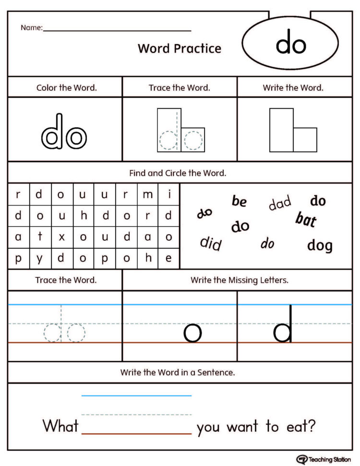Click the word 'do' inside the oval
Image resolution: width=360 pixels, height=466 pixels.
pyautogui.click(x=291, y=44)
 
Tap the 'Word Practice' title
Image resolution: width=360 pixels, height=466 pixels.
pyautogui.click(x=180, y=49)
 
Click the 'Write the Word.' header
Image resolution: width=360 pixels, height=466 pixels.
pyautogui.click(x=293, y=88)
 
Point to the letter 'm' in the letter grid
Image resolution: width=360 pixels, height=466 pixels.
pyautogui.click(x=148, y=195)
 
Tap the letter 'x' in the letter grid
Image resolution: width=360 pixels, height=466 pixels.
pyautogui.click(x=61, y=237)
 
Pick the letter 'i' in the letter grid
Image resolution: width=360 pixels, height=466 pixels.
pyautogui.click(x=169, y=195)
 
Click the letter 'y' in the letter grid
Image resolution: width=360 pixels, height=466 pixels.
pyautogui.click(x=40, y=258)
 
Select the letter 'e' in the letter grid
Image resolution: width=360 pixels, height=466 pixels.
pyautogui.click(x=168, y=258)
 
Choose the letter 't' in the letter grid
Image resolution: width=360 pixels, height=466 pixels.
pyautogui.click(x=40, y=237)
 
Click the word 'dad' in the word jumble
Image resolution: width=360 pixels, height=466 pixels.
pyautogui.click(x=279, y=203)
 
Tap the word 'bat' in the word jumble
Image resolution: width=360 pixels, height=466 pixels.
pyautogui.click(x=306, y=220)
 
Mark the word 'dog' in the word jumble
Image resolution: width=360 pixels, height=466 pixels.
pyautogui.click(x=320, y=246)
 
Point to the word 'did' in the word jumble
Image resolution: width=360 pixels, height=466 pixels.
pyautogui.click(x=211, y=244)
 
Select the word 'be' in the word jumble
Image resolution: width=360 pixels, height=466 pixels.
pyautogui.click(x=239, y=201)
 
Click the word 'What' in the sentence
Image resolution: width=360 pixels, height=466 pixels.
pyautogui.click(x=60, y=426)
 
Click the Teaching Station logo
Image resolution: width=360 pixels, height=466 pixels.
pyautogui.click(x=324, y=459)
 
